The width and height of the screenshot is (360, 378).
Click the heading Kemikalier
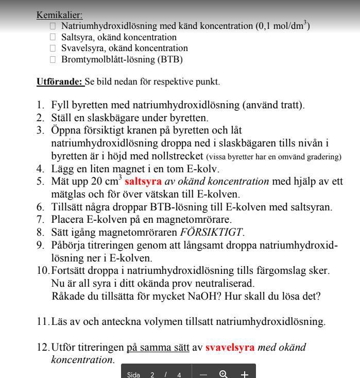tap(59, 15)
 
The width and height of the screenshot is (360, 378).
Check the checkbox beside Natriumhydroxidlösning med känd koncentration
tap(53, 26)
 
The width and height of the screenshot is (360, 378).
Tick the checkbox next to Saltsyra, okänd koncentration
tap(53, 37)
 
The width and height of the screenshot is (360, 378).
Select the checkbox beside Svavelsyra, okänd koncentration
tap(53, 48)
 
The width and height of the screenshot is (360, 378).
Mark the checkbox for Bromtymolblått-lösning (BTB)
tap(53, 59)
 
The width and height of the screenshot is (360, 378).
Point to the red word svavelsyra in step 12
tap(230, 347)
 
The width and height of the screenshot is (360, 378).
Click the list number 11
tap(42, 322)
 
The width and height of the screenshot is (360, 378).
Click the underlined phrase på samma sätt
tap(158, 347)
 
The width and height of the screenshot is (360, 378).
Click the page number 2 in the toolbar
tap(152, 375)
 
